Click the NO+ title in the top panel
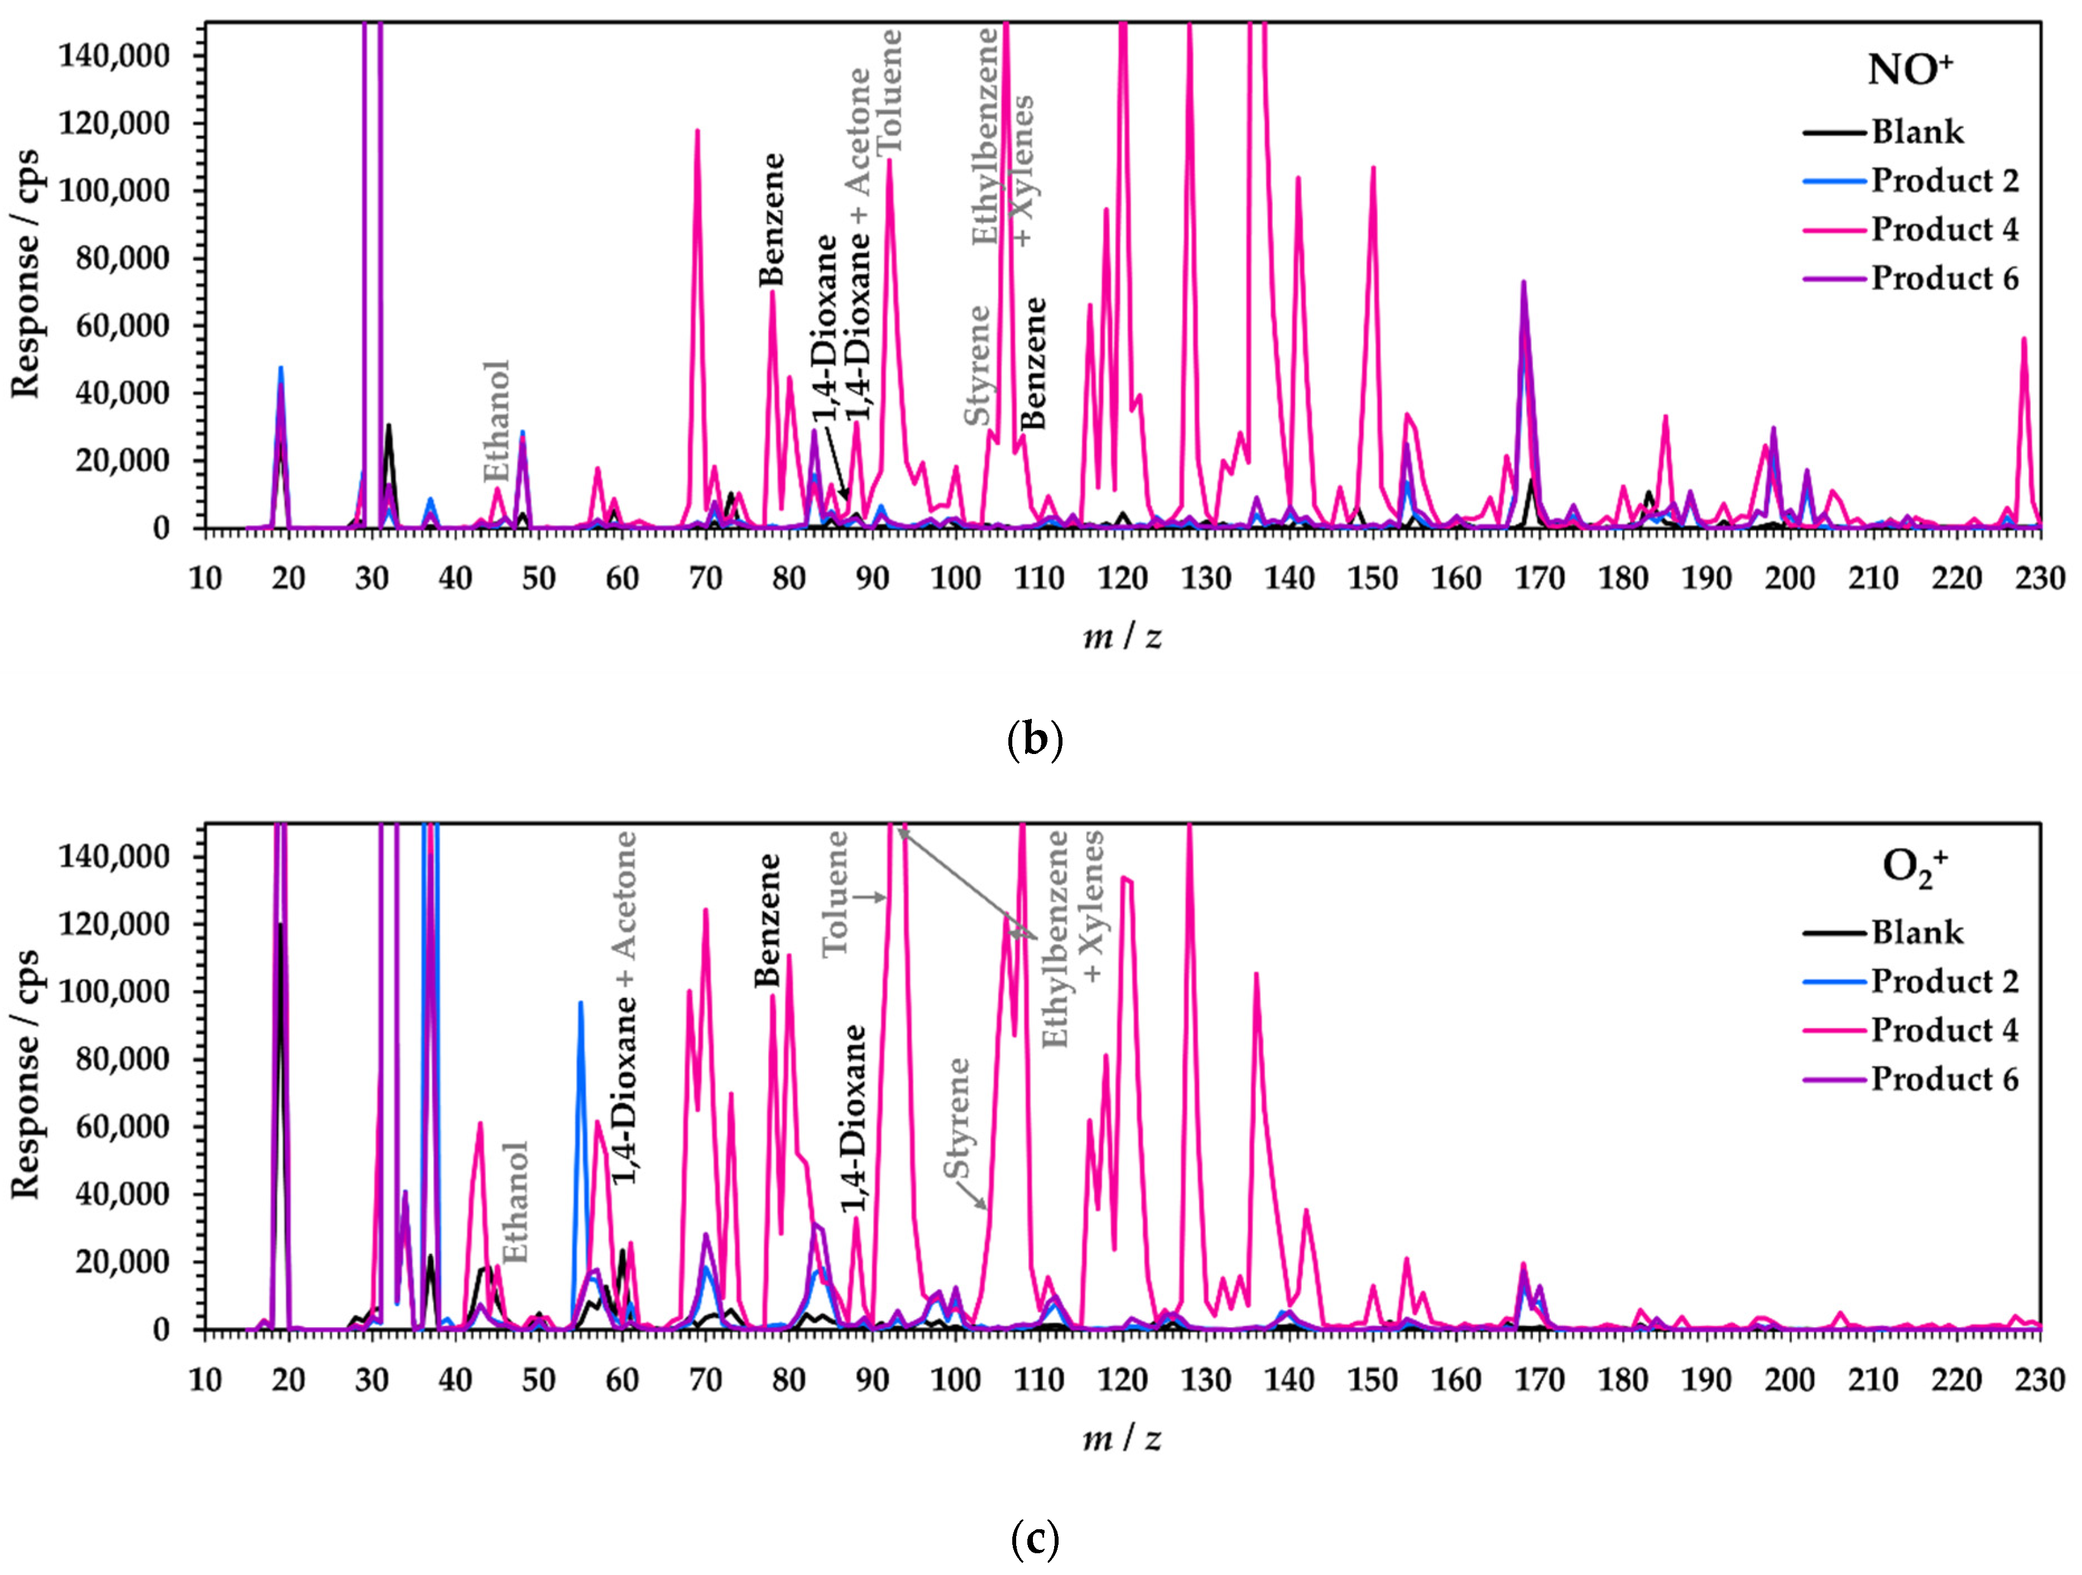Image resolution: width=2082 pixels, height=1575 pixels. click(1910, 71)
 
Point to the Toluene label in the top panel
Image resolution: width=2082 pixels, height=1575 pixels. click(888, 92)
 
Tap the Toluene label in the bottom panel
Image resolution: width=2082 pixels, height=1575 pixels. click(835, 894)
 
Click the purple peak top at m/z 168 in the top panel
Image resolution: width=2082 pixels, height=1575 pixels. click(1523, 281)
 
